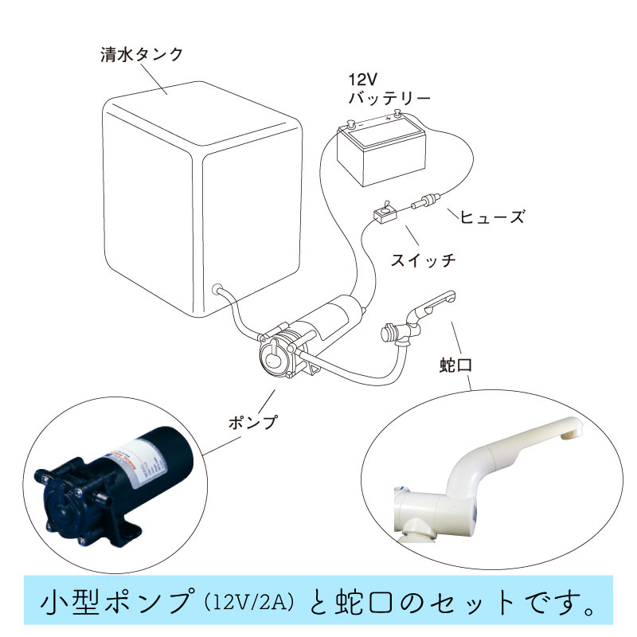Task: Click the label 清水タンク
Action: click(143, 55)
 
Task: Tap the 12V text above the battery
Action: click(365, 80)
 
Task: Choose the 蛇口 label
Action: click(457, 366)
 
